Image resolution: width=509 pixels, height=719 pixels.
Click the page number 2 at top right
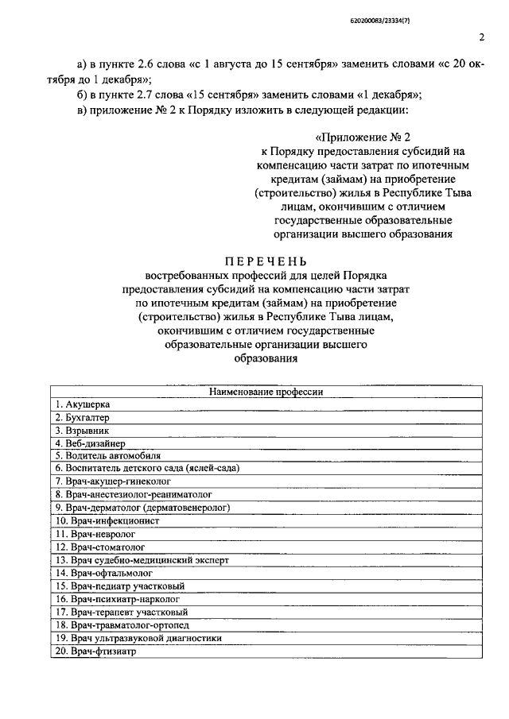pos(482,37)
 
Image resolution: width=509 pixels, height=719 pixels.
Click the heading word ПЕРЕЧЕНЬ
pos(266,262)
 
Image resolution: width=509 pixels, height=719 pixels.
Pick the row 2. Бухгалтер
pos(82,417)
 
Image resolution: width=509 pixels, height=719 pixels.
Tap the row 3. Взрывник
pos(80,430)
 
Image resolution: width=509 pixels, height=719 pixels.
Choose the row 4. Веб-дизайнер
pos(90,443)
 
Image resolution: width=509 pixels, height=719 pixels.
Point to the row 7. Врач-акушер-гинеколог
pos(112,481)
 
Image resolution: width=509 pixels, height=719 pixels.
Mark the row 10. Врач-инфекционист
pos(107,520)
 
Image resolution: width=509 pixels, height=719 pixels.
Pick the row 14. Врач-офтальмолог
pos(103,572)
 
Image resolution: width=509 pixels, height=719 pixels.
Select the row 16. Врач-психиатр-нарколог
pos(117,598)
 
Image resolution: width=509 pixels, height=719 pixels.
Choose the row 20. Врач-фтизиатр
pos(96,650)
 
